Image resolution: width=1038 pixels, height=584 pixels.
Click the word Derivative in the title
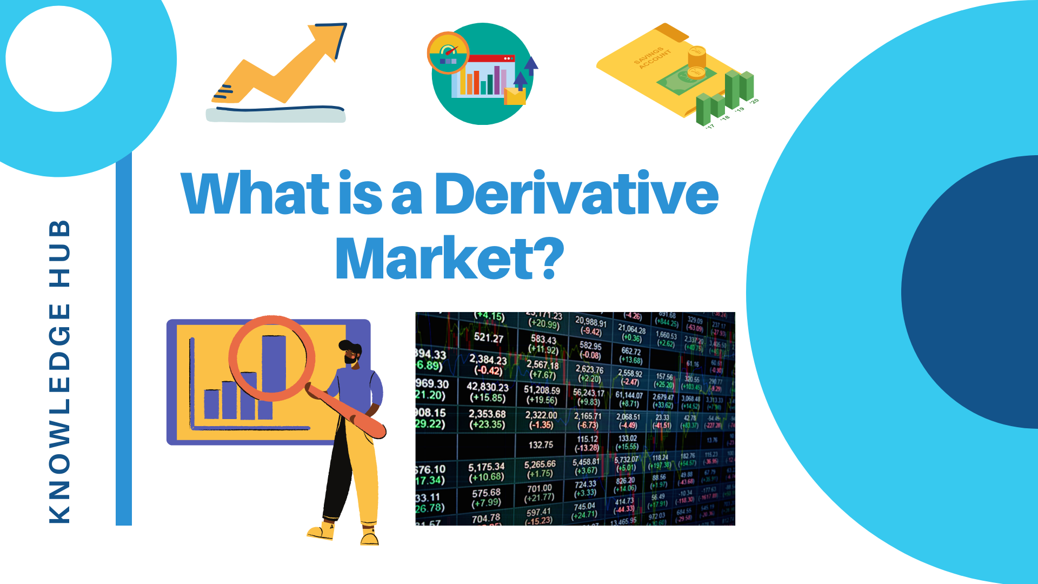coord(576,194)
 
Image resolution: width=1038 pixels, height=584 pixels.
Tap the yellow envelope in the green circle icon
coord(515,96)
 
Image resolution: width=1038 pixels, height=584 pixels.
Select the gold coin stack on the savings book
coord(697,62)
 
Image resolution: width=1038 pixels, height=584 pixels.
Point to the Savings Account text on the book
coord(653,57)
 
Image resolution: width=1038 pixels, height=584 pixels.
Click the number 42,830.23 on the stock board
coord(488,387)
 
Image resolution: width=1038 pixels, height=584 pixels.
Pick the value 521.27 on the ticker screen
coord(488,338)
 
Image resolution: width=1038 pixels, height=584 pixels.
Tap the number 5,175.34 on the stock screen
coord(486,467)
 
